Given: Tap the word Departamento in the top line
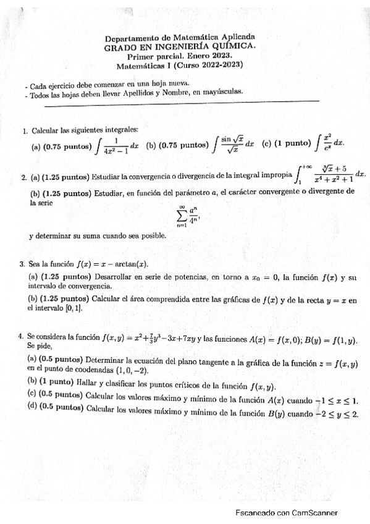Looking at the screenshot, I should coord(135,37).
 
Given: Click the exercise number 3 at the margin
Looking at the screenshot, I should coord(22,264).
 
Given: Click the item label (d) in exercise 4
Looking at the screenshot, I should coord(32,407).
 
